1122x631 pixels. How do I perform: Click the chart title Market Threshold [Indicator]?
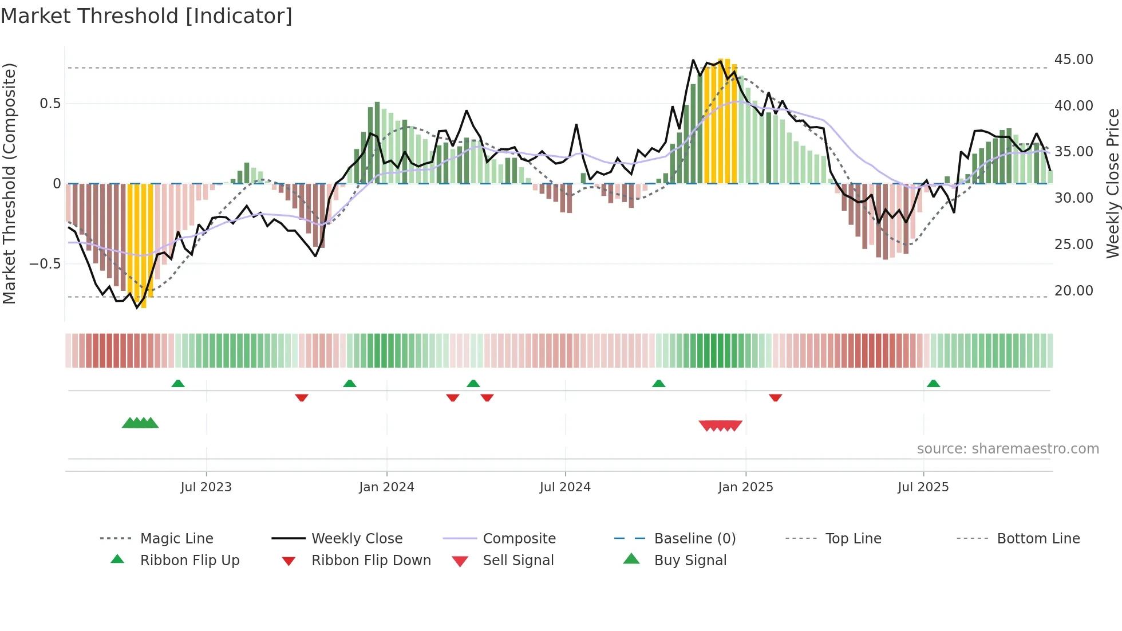tap(147, 16)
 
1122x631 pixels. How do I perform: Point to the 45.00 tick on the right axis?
tap(1073, 60)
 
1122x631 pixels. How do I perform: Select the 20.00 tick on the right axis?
tap(1073, 291)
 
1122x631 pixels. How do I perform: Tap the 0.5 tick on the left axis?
tap(50, 104)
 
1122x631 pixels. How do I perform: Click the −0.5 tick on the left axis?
tap(45, 264)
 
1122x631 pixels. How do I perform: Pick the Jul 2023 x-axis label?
tap(206, 487)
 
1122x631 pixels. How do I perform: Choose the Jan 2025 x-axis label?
tap(745, 487)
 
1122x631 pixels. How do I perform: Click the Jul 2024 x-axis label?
tap(565, 487)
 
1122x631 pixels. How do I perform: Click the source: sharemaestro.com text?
tap(1008, 449)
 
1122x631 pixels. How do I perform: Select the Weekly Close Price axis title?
tap(1112, 183)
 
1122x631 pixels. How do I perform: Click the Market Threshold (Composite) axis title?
tap(9, 183)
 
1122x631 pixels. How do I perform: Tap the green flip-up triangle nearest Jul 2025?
tap(933, 384)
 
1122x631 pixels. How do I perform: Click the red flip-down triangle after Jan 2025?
tap(775, 397)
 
